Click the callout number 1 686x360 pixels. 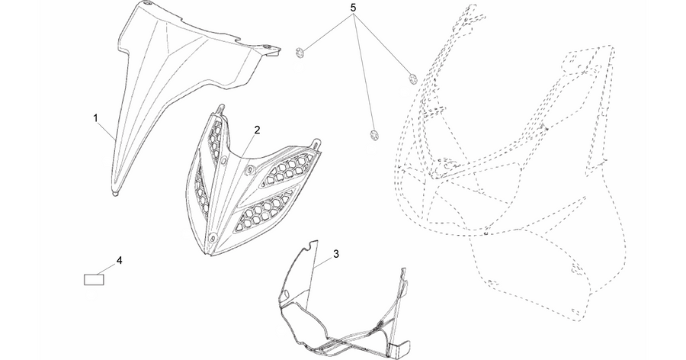coord(95,117)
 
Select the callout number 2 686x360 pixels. coord(258,130)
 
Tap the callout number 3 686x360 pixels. coord(336,253)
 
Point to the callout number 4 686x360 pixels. coord(119,261)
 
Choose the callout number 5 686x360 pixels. coord(354,8)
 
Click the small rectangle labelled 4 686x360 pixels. coord(94,279)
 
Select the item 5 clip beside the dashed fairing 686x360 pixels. coord(412,79)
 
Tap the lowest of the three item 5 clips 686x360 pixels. coord(373,135)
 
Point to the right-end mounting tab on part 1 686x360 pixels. coord(274,52)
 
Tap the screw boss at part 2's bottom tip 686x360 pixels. coord(213,238)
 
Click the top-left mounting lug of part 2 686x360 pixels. coord(220,108)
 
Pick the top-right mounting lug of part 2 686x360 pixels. coord(316,143)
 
